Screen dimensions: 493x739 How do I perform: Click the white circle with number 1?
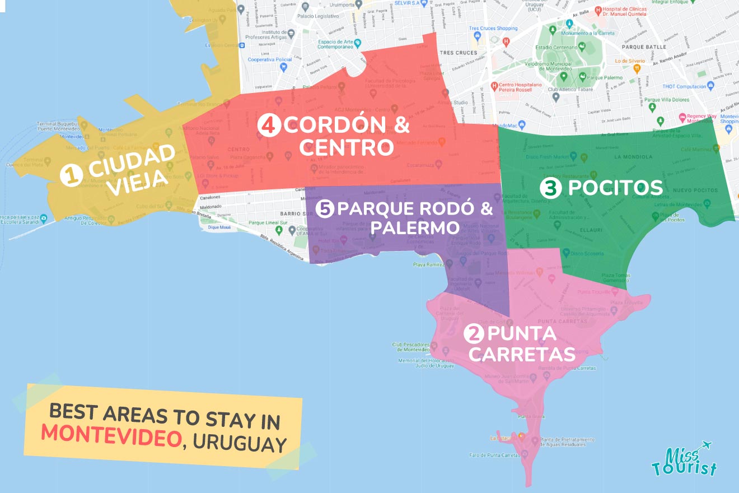(x=71, y=176)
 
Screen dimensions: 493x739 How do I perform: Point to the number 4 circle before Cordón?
(x=269, y=125)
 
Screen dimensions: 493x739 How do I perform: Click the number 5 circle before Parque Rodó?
(x=325, y=209)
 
